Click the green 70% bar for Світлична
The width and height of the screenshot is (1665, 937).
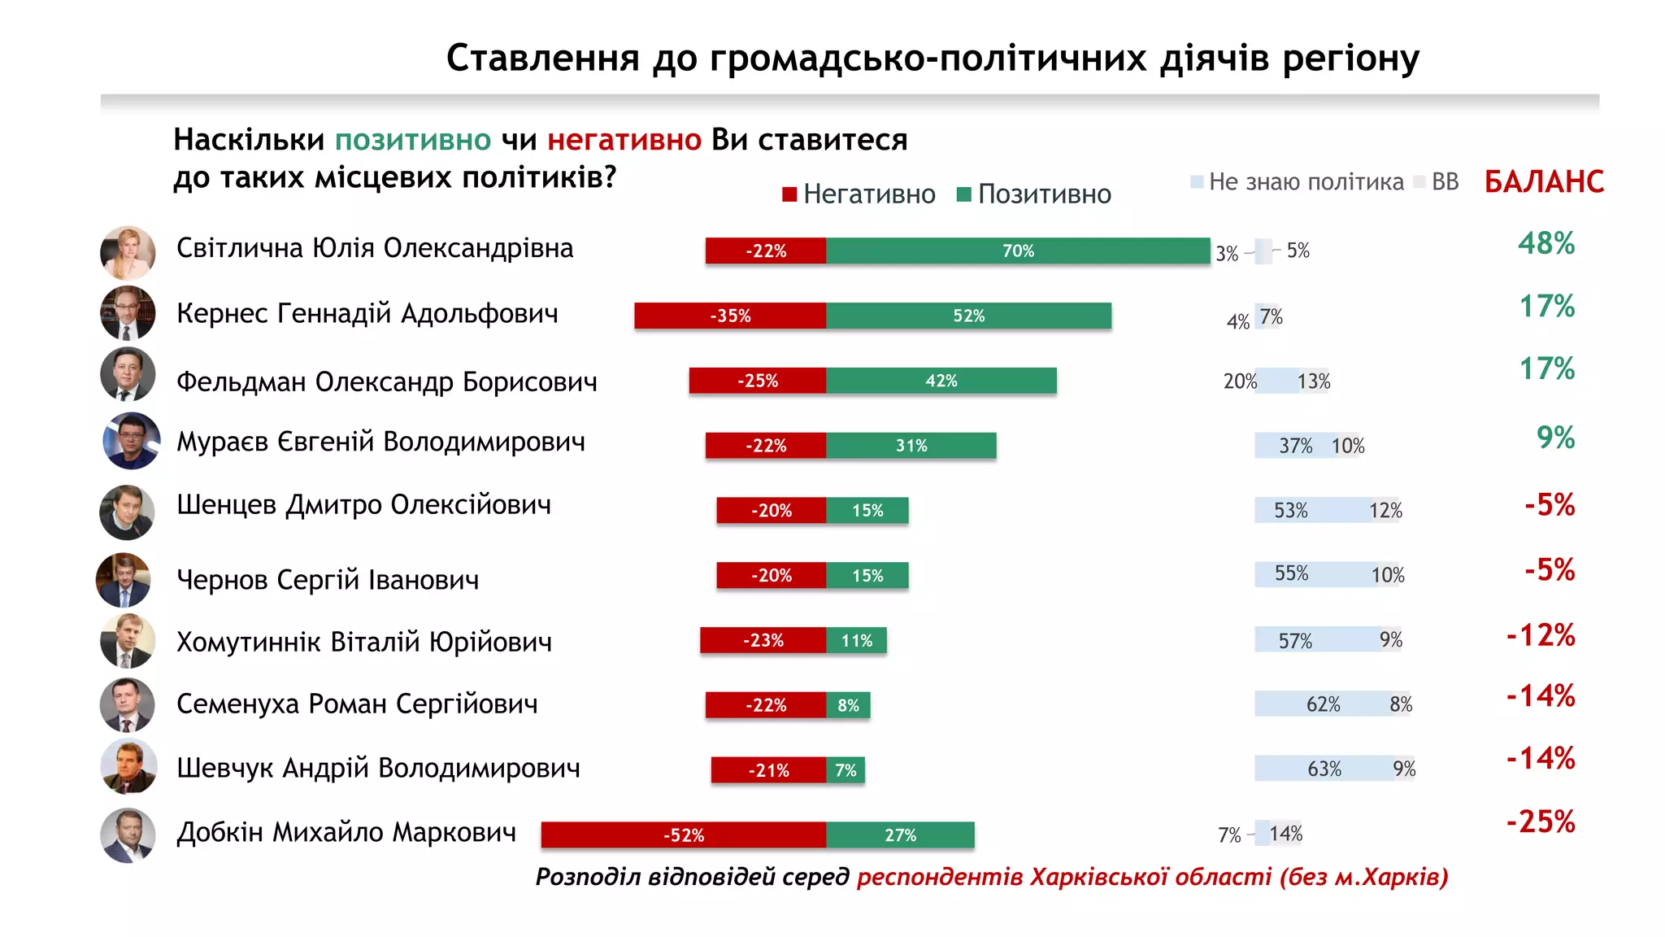point(1018,251)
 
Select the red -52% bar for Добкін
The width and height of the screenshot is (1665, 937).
point(684,835)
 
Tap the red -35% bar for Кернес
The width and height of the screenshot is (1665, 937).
point(730,316)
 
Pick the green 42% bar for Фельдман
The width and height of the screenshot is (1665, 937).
point(941,381)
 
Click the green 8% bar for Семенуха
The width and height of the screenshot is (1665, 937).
point(848,705)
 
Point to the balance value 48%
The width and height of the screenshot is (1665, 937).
point(1545,243)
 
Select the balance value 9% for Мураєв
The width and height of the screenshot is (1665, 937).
point(1554,438)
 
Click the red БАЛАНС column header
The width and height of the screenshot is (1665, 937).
point(1543,181)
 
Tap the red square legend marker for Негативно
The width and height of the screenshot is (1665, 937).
point(789,194)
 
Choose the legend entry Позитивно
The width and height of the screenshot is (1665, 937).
point(1044,194)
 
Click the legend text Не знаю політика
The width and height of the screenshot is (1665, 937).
point(1306,181)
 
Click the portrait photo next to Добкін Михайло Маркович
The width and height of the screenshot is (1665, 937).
point(128,835)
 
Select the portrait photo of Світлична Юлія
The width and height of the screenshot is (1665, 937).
point(128,253)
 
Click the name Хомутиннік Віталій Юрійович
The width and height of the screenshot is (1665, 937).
point(363,642)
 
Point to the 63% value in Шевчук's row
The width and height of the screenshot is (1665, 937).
point(1324,769)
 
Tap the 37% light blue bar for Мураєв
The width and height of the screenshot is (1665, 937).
point(1294,446)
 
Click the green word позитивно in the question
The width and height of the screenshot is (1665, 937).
point(413,140)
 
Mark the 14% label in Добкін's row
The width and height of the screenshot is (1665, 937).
point(1285,834)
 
